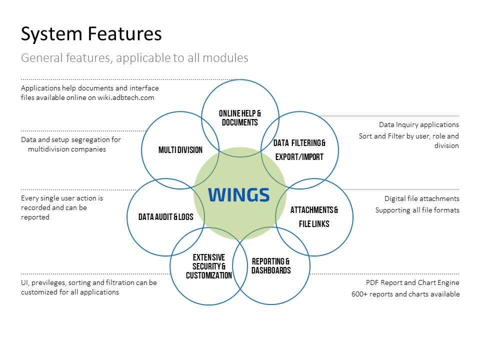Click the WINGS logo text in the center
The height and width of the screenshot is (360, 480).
[x=239, y=195]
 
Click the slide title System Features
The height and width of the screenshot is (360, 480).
[x=91, y=33]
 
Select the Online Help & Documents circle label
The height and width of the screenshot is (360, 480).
[x=240, y=118]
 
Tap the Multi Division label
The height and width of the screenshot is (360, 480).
[x=180, y=150]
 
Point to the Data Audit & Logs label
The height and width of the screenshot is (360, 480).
[x=166, y=217]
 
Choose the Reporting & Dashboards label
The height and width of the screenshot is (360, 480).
[x=271, y=265]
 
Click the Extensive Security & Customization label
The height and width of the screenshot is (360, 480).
[x=209, y=266]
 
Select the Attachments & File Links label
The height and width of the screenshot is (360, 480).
[x=314, y=216]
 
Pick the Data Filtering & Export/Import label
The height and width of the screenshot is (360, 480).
[x=299, y=149]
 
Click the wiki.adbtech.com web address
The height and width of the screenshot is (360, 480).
[x=126, y=97]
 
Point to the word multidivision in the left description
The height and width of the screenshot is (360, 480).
[x=49, y=149]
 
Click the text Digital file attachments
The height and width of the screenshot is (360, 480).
[x=422, y=198]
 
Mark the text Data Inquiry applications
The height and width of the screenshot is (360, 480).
[x=419, y=124]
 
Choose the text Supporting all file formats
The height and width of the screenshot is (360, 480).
[x=417, y=210]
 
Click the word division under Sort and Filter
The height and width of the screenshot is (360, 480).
[x=446, y=145]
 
